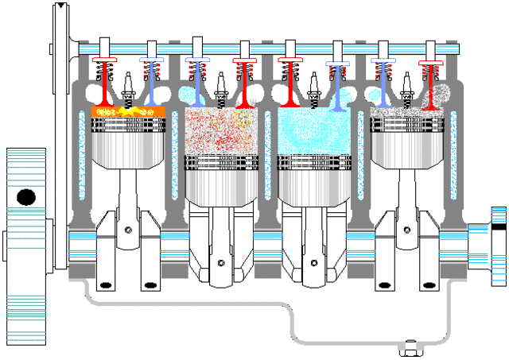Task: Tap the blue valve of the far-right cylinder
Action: (383, 83)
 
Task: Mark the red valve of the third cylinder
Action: (289, 83)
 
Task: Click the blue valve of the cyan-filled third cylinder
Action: (337, 83)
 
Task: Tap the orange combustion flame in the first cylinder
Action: (127, 111)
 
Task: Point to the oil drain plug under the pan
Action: (410, 346)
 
